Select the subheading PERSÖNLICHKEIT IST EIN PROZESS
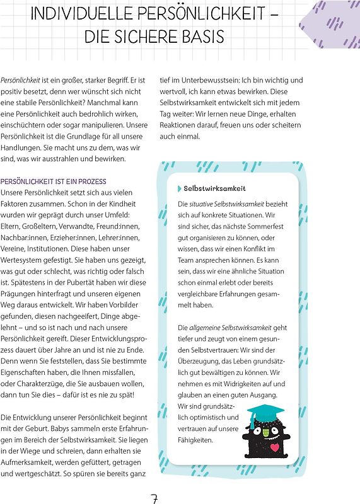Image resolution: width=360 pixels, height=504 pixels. pyautogui.click(x=54, y=181)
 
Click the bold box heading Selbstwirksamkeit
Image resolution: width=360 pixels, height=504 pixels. pyautogui.click(x=214, y=188)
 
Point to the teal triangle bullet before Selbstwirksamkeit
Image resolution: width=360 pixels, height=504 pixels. pyautogui.click(x=180, y=188)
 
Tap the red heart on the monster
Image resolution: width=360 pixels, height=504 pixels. pyautogui.click(x=275, y=448)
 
